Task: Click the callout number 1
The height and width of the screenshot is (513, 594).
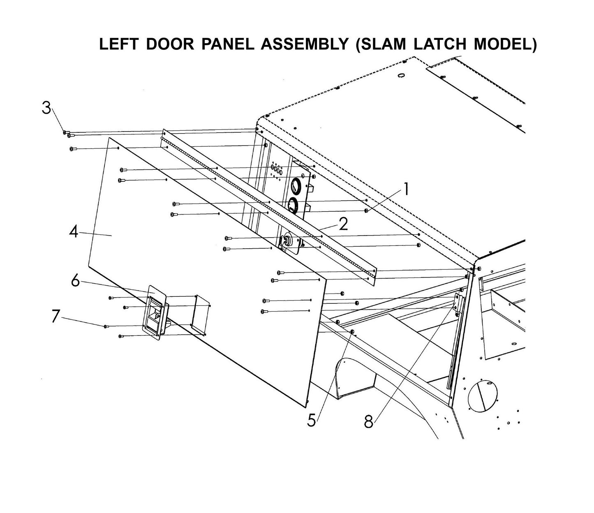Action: (406, 189)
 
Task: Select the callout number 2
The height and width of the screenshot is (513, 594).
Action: (343, 224)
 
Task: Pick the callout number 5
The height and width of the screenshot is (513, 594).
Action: (312, 420)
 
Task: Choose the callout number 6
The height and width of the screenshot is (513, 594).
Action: (75, 281)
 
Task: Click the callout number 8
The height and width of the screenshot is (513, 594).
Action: (369, 421)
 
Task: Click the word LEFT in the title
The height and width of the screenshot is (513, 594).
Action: (119, 44)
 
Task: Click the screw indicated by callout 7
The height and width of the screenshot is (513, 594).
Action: (106, 326)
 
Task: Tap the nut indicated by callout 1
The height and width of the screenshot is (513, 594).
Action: (366, 211)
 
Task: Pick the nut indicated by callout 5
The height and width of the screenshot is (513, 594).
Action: (352, 331)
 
